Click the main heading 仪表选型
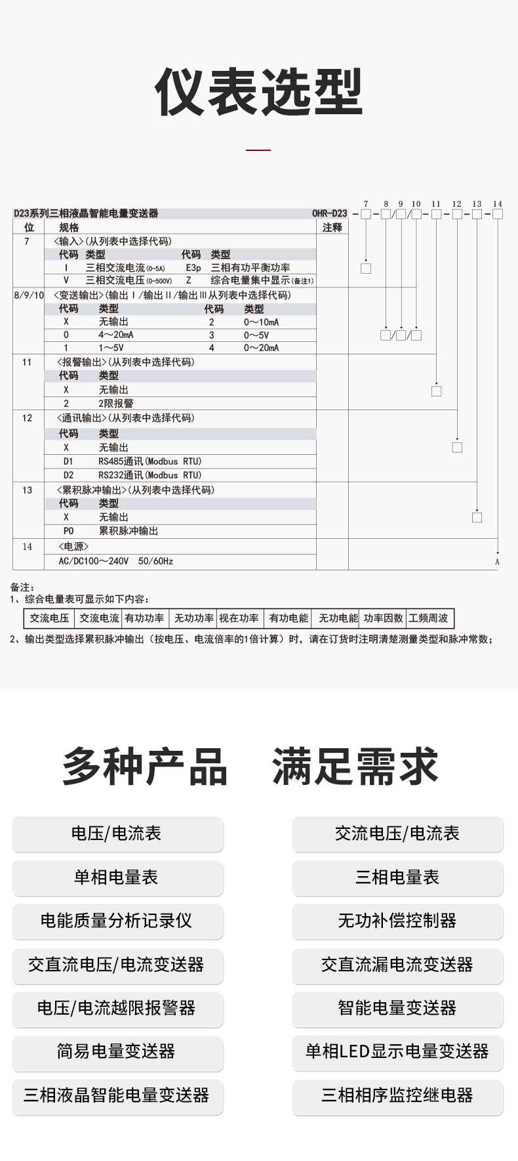[x=258, y=92]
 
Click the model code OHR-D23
[x=330, y=213]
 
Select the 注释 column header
[x=332, y=228]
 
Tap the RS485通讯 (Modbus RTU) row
[x=150, y=461]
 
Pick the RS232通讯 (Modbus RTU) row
[x=150, y=475]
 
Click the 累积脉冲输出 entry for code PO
[x=129, y=531]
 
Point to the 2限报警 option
[x=116, y=404]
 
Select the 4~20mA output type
[x=116, y=335]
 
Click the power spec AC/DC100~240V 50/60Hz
[x=116, y=561]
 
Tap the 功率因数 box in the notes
[x=384, y=618]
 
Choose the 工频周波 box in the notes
[x=428, y=618]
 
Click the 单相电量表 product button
[x=117, y=877]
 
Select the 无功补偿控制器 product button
[x=397, y=921]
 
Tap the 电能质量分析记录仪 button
[x=117, y=921]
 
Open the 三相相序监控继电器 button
[x=397, y=1095]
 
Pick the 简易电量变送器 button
[x=117, y=1051]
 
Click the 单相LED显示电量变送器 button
[x=397, y=1051]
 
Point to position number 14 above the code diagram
[x=498, y=204]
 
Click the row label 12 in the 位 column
[x=27, y=418]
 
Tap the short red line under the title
[x=258, y=150]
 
